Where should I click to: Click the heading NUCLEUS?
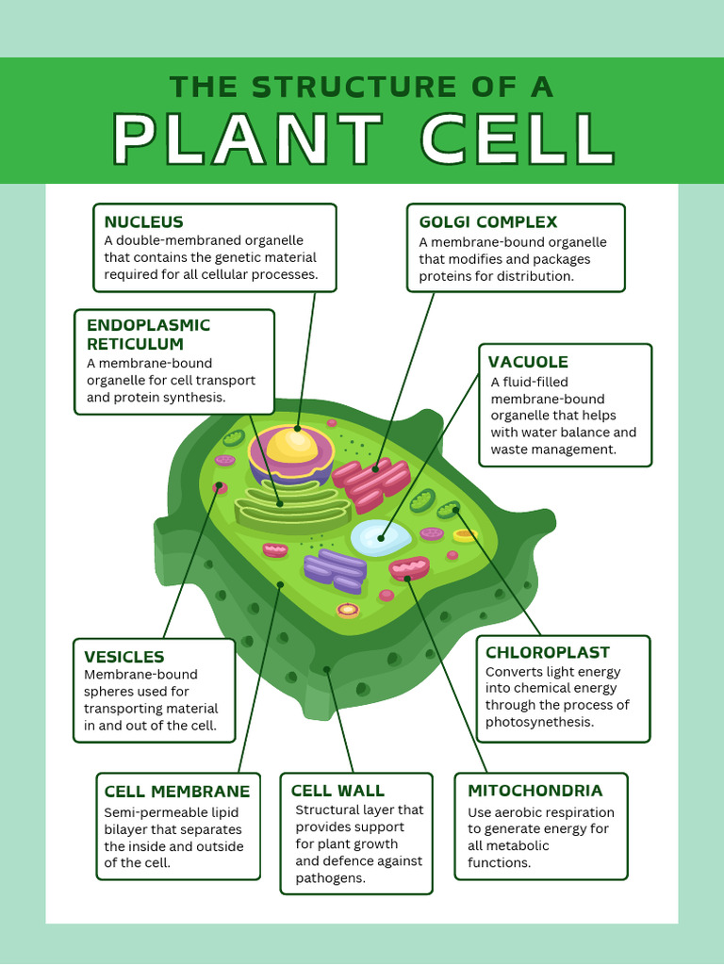(143, 222)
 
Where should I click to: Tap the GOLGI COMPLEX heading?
(487, 222)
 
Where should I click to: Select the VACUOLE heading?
(528, 362)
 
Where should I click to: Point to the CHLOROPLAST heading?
(547, 652)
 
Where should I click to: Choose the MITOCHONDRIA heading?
(535, 791)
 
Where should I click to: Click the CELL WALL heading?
(337, 791)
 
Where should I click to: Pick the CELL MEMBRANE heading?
(176, 792)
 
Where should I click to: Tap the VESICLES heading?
(123, 657)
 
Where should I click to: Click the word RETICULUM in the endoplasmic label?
(135, 344)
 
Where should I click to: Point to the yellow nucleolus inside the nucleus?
(291, 446)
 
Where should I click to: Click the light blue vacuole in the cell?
(381, 538)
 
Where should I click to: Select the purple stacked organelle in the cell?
(336, 570)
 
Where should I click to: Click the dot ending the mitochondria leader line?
(407, 579)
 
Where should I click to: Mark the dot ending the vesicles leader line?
(220, 486)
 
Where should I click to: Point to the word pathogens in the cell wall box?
(330, 877)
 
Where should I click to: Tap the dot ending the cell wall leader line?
(327, 670)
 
